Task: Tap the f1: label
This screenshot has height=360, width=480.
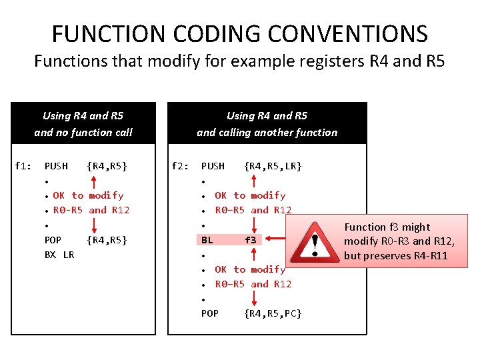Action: [23, 165]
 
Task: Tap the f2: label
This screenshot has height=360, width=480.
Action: [180, 165]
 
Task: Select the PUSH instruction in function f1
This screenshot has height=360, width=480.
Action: [56, 165]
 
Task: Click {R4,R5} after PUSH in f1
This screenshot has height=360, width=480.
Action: [107, 165]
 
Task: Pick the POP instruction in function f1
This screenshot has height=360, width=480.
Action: [53, 239]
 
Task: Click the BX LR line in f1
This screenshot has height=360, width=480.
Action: [59, 254]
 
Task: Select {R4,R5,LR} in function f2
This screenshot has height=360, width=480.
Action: [273, 165]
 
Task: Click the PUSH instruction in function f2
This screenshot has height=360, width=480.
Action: [213, 165]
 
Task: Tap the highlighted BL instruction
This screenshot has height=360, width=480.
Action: [207, 239]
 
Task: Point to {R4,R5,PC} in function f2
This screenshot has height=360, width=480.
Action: [273, 313]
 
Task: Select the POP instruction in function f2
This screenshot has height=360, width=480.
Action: [210, 313]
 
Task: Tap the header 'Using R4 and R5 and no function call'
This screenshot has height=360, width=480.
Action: [83, 123]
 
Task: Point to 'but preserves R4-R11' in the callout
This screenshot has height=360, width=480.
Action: [396, 255]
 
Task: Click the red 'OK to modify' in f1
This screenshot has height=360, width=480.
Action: [88, 195]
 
